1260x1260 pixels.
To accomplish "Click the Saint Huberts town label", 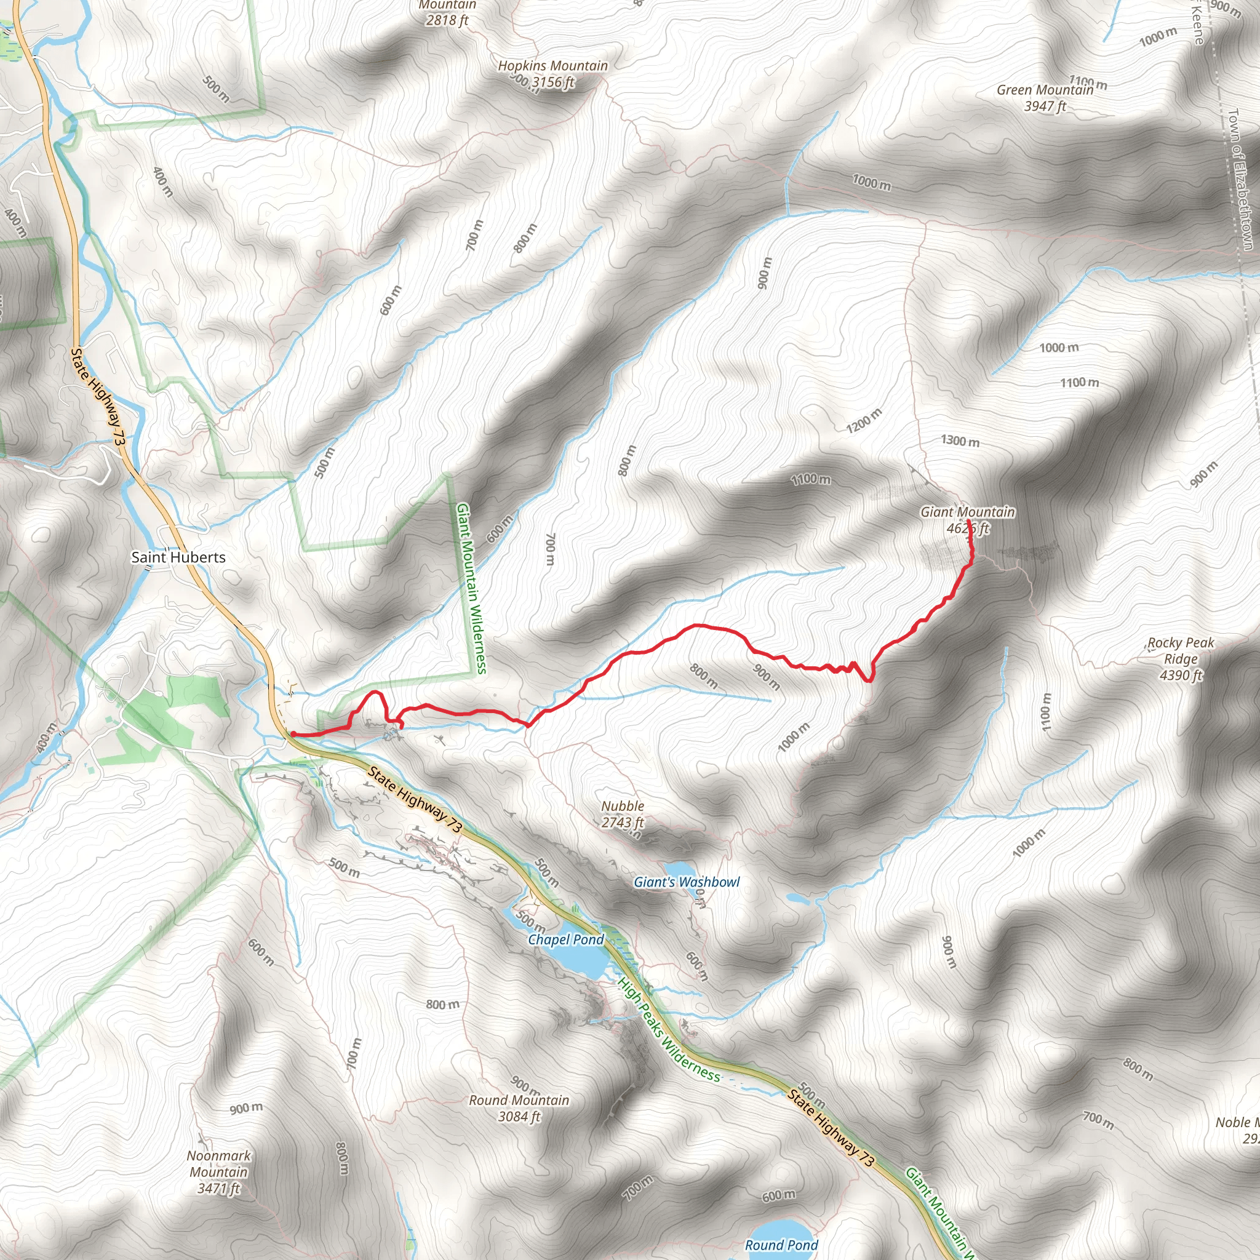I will tap(178, 557).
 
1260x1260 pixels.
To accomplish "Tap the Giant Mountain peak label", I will tap(967, 520).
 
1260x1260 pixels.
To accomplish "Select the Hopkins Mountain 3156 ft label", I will tap(552, 74).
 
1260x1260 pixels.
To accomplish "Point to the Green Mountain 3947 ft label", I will tap(1045, 98).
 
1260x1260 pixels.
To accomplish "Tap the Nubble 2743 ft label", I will tap(623, 814).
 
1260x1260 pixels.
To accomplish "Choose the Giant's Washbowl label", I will tap(687, 882).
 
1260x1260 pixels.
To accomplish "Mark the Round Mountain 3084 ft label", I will tap(519, 1108).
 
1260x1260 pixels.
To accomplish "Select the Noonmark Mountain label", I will tap(218, 1172).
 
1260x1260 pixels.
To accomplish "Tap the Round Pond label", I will tap(781, 1245).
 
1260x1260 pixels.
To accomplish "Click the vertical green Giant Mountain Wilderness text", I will tap(471, 587).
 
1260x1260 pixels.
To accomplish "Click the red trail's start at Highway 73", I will tap(293, 734).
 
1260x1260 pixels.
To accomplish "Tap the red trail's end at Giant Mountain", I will tap(968, 520).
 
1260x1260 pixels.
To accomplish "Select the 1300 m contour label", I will tap(960, 441).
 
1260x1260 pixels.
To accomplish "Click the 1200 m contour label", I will tap(864, 420).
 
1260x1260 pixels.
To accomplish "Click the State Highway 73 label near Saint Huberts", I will tap(97, 397).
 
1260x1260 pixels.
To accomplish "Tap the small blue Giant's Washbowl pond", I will tap(678, 869).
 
